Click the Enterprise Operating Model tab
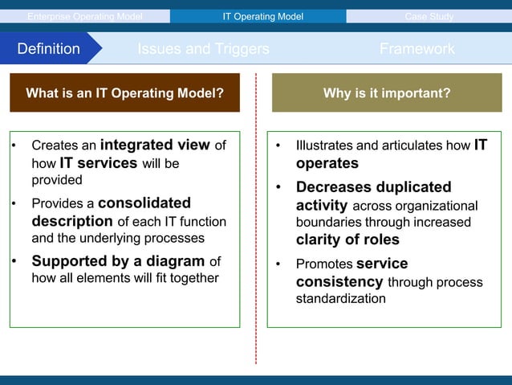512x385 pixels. [84, 16]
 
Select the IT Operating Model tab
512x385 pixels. [257, 16]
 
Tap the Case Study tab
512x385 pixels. [429, 16]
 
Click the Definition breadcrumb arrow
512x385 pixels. [50, 49]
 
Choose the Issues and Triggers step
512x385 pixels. [203, 49]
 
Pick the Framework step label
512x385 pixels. [417, 49]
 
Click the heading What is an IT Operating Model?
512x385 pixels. [124, 93]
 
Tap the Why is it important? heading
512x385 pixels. [386, 93]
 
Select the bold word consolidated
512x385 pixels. [144, 203]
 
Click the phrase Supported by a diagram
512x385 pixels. [118, 261]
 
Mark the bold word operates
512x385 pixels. [327, 163]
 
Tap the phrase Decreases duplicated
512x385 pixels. [373, 187]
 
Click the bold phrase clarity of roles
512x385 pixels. [347, 240]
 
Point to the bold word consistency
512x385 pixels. [339, 282]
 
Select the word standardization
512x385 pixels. [340, 299]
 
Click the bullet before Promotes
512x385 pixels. [278, 264]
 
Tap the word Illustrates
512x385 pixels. [324, 146]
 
